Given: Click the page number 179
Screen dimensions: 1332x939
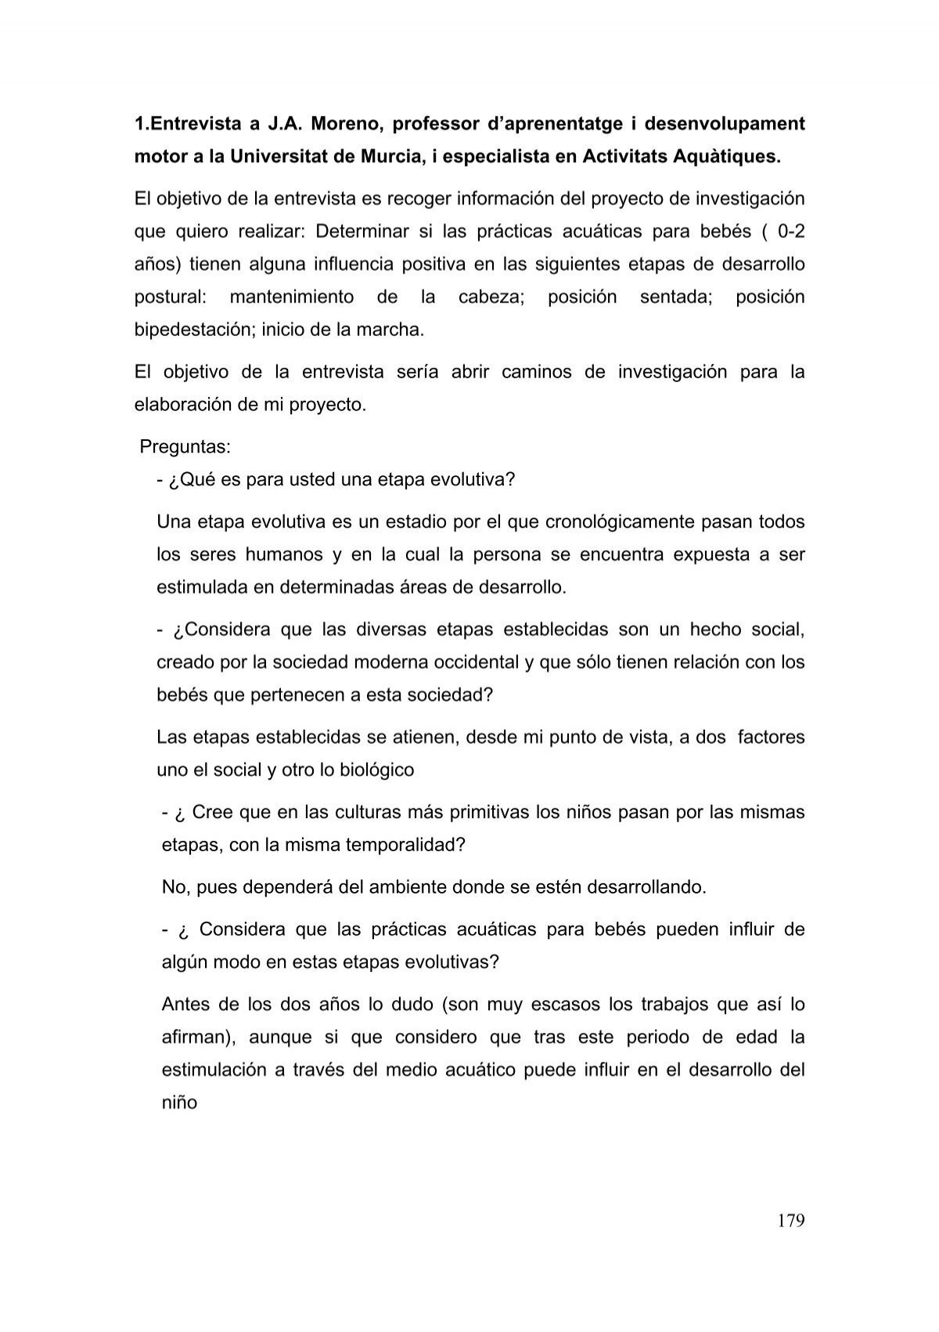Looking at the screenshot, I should click(x=790, y=1221).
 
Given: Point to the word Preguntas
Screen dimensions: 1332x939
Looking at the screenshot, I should click(x=185, y=447).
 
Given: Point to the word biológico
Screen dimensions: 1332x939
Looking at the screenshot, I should click(x=377, y=770).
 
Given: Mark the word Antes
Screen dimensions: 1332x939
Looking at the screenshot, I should click(x=188, y=1005).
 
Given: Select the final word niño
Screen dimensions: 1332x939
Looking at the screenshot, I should click(x=179, y=1103).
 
